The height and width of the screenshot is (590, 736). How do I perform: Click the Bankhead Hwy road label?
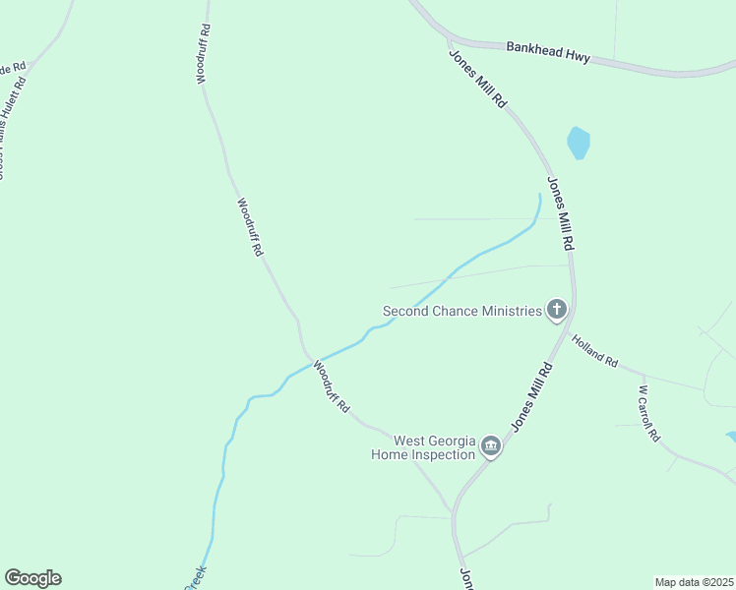(x=548, y=52)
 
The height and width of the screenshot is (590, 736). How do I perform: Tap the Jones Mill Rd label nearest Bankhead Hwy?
(x=477, y=79)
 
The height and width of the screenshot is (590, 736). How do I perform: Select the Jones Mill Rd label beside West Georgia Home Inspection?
(x=531, y=396)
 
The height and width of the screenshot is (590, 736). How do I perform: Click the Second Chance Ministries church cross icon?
(x=557, y=311)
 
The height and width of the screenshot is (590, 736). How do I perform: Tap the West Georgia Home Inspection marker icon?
(x=491, y=447)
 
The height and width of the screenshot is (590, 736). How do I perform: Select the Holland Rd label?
(x=595, y=348)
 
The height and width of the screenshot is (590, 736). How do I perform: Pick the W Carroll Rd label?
(x=647, y=414)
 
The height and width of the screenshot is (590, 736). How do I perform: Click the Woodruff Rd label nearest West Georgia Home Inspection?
(x=332, y=387)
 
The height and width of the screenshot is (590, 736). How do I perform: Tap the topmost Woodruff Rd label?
(x=205, y=54)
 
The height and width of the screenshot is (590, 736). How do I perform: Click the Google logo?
(x=32, y=578)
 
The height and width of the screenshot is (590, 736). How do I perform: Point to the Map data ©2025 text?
(x=694, y=582)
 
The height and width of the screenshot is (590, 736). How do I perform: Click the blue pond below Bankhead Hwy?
(x=579, y=144)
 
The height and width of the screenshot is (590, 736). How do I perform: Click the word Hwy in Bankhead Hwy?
(x=577, y=57)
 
